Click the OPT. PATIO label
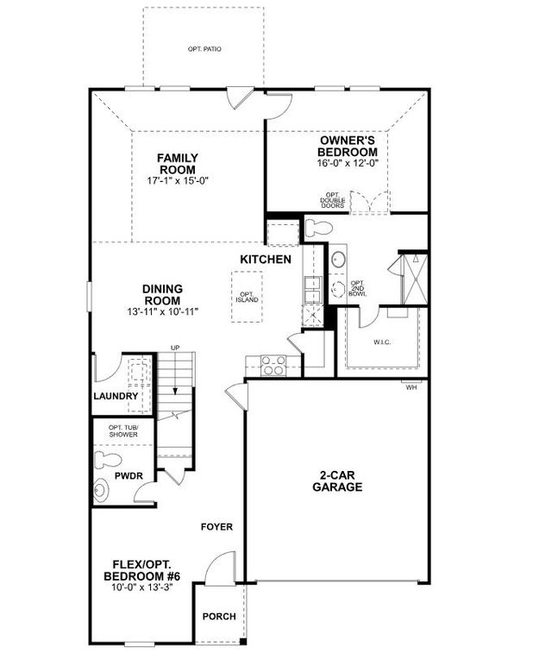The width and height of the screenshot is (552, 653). point(204,49)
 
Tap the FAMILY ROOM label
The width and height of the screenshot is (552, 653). point(178,163)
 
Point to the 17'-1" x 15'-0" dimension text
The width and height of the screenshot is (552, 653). point(178,181)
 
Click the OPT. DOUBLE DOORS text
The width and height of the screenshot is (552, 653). point(334,201)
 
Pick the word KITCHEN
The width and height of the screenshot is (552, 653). point(265,260)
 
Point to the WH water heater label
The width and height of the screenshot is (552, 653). point(411,387)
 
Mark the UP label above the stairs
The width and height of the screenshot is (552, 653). point(175,348)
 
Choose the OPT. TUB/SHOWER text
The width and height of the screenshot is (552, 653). point(122,431)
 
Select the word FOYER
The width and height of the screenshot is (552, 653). point(216,526)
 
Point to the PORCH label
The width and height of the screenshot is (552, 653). point(217,617)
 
